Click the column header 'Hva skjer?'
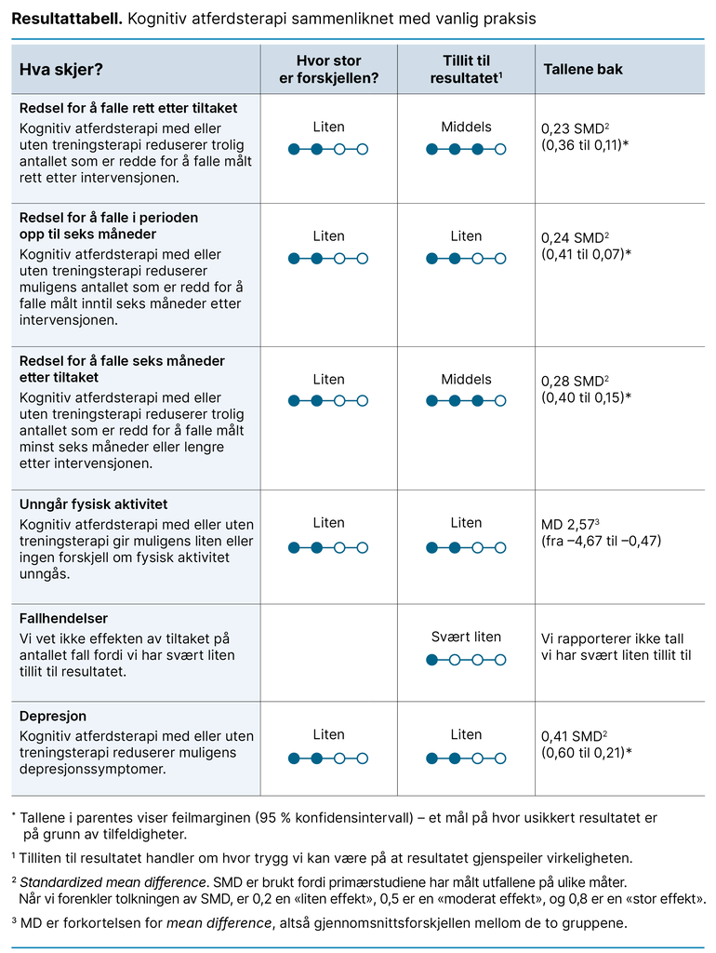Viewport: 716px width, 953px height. click(61, 69)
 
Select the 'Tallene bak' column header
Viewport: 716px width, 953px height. click(583, 69)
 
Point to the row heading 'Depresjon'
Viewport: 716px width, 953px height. click(53, 717)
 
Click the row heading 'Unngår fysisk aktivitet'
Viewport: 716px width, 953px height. click(93, 504)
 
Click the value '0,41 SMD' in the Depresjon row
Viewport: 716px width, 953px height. click(571, 737)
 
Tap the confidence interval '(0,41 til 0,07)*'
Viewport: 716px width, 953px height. click(586, 253)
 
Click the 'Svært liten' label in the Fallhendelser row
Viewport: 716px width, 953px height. click(466, 638)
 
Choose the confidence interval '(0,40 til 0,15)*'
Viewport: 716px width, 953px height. click(586, 396)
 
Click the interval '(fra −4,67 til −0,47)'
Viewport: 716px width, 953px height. click(601, 541)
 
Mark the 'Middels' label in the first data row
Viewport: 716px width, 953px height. click(466, 127)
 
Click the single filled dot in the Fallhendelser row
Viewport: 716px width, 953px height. click(431, 660)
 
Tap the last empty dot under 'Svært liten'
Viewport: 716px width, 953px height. click(501, 660)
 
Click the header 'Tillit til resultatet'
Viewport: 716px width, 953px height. click(466, 70)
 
